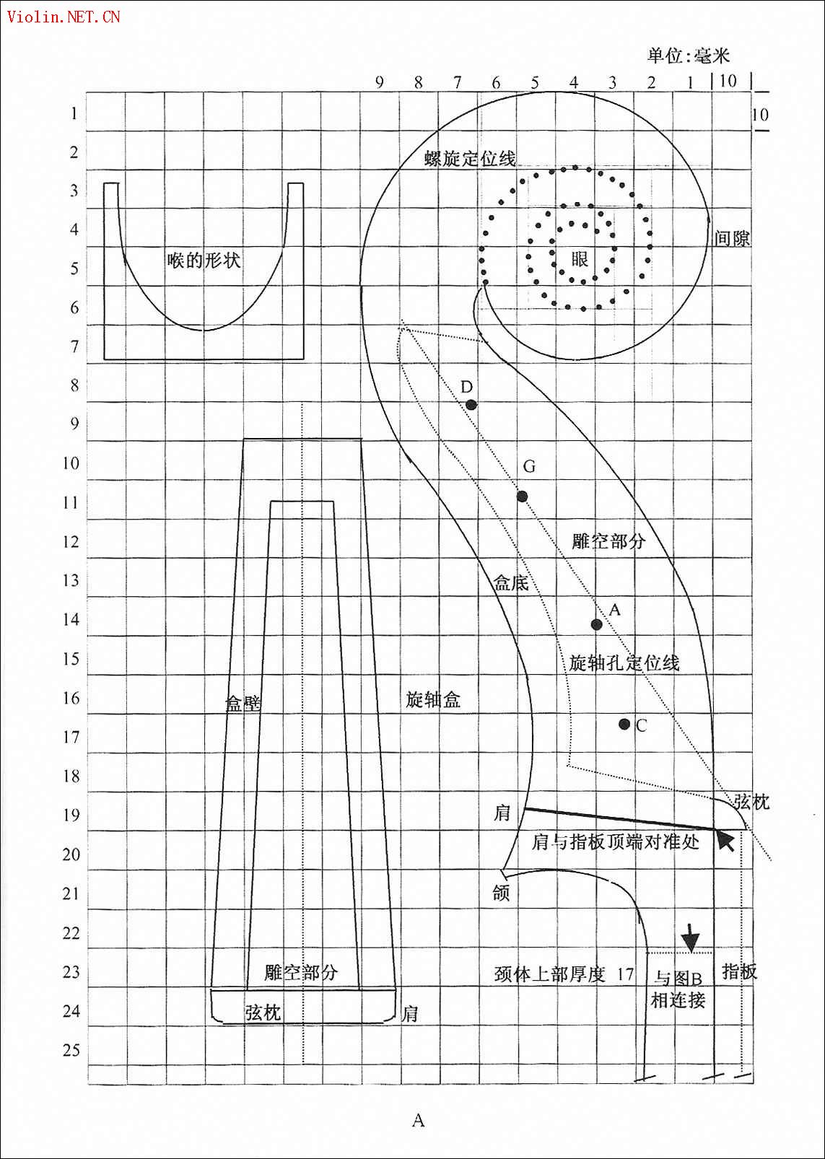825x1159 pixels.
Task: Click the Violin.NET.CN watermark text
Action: pos(64,17)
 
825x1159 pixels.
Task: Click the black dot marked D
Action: pos(471,405)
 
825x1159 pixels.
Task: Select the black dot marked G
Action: pos(523,497)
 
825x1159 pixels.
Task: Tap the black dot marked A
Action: pos(597,624)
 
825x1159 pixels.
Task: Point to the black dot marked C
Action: pos(624,724)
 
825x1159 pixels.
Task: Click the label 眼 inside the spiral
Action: pos(580,258)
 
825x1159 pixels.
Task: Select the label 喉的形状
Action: pos(204,260)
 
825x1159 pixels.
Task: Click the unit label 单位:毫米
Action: pos(689,56)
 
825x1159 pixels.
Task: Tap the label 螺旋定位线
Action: pos(470,158)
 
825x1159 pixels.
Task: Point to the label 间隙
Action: pos(732,239)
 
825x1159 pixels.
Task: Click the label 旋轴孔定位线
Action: pos(624,662)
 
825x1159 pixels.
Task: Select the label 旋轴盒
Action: pos(433,700)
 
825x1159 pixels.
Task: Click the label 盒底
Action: pos(511,583)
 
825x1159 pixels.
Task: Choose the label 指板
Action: pos(740,971)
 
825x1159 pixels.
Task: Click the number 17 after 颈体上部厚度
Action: pos(625,975)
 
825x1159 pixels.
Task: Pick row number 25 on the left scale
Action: pos(72,1050)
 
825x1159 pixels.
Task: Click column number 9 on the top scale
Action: pos(380,82)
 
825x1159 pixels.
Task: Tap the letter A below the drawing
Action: pos(418,1121)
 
